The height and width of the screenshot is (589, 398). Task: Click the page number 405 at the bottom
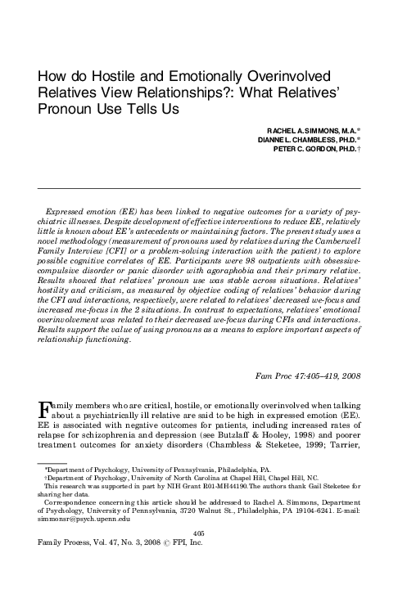pyautogui.click(x=199, y=555)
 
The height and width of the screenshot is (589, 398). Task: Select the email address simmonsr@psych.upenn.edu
pyautogui.click(x=79, y=541)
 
